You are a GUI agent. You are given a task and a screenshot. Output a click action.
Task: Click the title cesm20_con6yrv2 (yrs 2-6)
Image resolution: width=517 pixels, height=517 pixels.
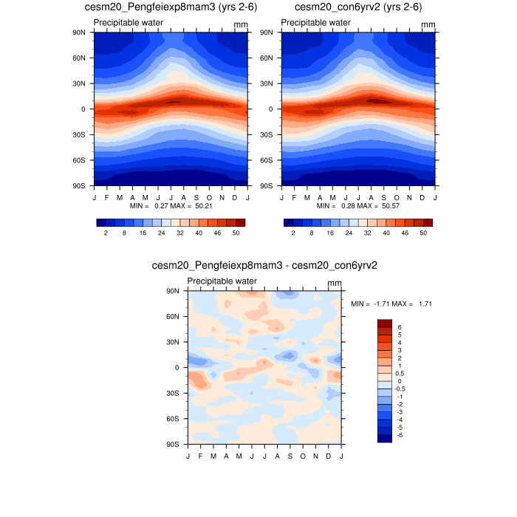coord(358,7)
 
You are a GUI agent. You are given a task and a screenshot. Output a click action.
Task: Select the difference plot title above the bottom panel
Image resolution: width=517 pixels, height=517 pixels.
coord(264,264)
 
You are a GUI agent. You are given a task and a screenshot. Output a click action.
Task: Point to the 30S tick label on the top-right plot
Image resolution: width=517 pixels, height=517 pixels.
coord(267,134)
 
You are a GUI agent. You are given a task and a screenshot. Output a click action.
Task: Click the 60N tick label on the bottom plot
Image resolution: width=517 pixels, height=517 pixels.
coord(174,317)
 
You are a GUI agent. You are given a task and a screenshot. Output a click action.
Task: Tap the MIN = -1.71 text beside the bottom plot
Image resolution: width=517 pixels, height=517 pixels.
coord(366,304)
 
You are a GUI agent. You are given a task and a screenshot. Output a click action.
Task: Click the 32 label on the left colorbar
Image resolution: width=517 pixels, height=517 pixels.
coord(179,233)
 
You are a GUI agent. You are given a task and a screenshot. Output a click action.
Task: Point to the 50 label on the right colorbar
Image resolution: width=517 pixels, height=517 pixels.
coord(423,233)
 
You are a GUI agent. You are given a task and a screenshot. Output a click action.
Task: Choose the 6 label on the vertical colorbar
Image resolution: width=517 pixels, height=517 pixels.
coord(400,326)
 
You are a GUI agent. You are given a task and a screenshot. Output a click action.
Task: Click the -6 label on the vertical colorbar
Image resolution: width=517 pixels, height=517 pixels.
coord(401,435)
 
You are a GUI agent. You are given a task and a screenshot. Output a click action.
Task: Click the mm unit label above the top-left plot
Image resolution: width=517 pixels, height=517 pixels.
coord(241,25)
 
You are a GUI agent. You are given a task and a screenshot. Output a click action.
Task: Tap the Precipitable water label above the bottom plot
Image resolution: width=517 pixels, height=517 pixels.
coord(222,281)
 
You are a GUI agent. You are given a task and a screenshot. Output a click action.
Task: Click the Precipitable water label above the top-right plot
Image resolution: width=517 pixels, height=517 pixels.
coord(315,23)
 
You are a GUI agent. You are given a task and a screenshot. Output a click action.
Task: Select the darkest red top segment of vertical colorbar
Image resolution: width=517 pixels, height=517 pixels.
coord(384,323)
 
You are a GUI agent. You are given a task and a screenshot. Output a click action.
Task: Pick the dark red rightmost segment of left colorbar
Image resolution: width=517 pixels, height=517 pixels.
coord(239,222)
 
